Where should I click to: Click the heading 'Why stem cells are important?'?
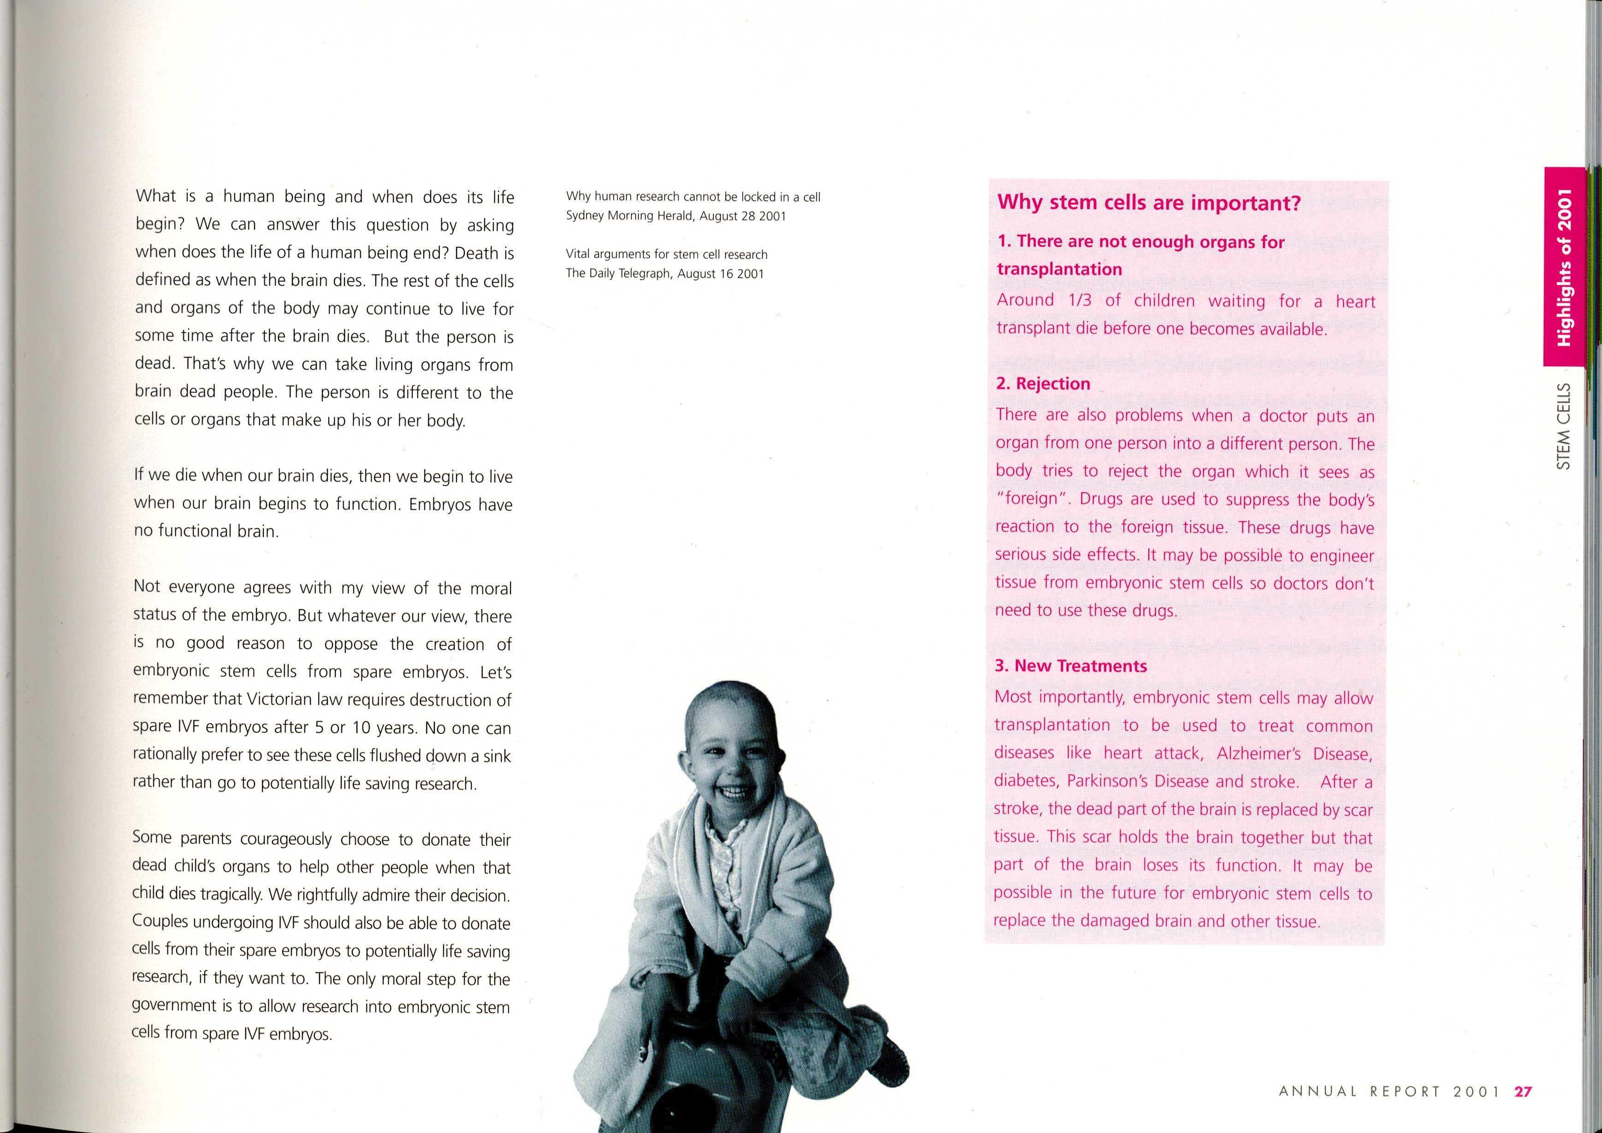(1149, 203)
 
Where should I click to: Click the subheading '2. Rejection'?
(1043, 384)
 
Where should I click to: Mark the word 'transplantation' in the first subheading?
(1059, 269)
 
